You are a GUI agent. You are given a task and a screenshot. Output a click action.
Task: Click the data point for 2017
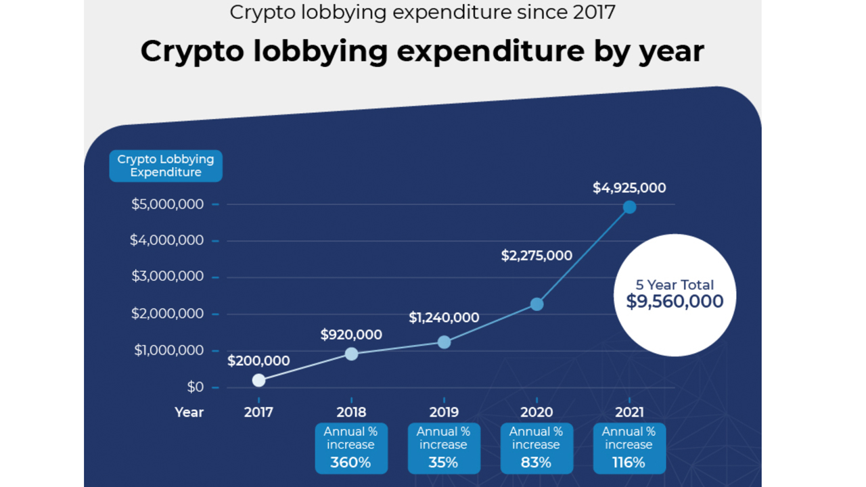click(258, 380)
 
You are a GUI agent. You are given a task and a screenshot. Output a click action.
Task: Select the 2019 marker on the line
click(444, 342)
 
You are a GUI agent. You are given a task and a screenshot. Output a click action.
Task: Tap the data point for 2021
click(629, 207)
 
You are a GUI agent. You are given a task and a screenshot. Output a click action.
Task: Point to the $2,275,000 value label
click(537, 256)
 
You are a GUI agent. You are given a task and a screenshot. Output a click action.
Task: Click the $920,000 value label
click(351, 335)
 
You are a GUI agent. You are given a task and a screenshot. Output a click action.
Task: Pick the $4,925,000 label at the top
click(629, 188)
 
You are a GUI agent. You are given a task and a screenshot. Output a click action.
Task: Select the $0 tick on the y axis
click(195, 387)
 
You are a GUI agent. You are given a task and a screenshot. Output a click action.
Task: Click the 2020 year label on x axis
click(537, 412)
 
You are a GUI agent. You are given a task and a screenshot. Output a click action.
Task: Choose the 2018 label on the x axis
click(351, 412)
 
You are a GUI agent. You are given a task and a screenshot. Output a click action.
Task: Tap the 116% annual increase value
click(629, 463)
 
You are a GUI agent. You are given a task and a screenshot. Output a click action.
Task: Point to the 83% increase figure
click(536, 463)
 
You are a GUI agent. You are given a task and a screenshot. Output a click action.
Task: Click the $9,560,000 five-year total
click(675, 302)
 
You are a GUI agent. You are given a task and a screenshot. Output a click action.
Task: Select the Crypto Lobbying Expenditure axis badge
click(166, 166)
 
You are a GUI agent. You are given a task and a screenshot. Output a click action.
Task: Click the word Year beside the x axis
click(189, 412)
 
